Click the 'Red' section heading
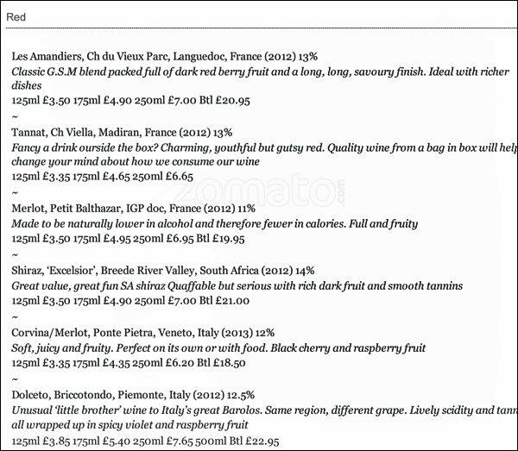tap(16, 16)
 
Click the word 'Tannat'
tap(31, 132)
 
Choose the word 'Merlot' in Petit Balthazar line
tap(31, 208)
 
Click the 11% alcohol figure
tap(245, 208)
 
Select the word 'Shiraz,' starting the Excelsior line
tap(30, 270)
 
